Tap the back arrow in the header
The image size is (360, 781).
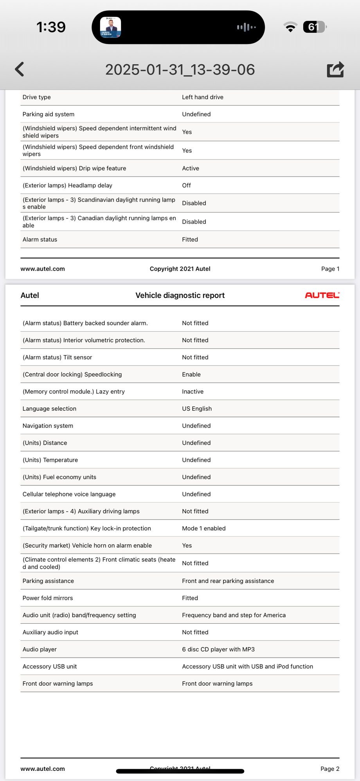tap(20, 69)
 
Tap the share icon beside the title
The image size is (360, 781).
tap(335, 69)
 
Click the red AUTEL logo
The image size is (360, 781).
tap(322, 295)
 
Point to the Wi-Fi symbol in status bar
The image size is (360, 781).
tap(290, 27)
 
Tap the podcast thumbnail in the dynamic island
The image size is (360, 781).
tap(110, 27)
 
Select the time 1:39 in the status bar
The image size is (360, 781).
tap(51, 27)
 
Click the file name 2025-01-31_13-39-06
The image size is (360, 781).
tap(180, 70)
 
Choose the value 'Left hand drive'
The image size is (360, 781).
tap(203, 97)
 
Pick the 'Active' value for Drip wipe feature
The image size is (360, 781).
tap(191, 168)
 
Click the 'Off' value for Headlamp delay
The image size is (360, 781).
tap(186, 185)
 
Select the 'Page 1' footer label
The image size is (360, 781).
tap(330, 269)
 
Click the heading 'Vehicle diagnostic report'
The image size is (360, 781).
tap(180, 296)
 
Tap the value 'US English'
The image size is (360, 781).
tap(197, 408)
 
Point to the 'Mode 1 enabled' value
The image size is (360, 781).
tap(204, 528)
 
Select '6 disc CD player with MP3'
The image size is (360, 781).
tap(218, 649)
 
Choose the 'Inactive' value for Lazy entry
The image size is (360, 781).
tap(193, 391)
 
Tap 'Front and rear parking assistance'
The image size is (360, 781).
tap(228, 581)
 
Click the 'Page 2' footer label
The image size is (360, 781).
tap(330, 768)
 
